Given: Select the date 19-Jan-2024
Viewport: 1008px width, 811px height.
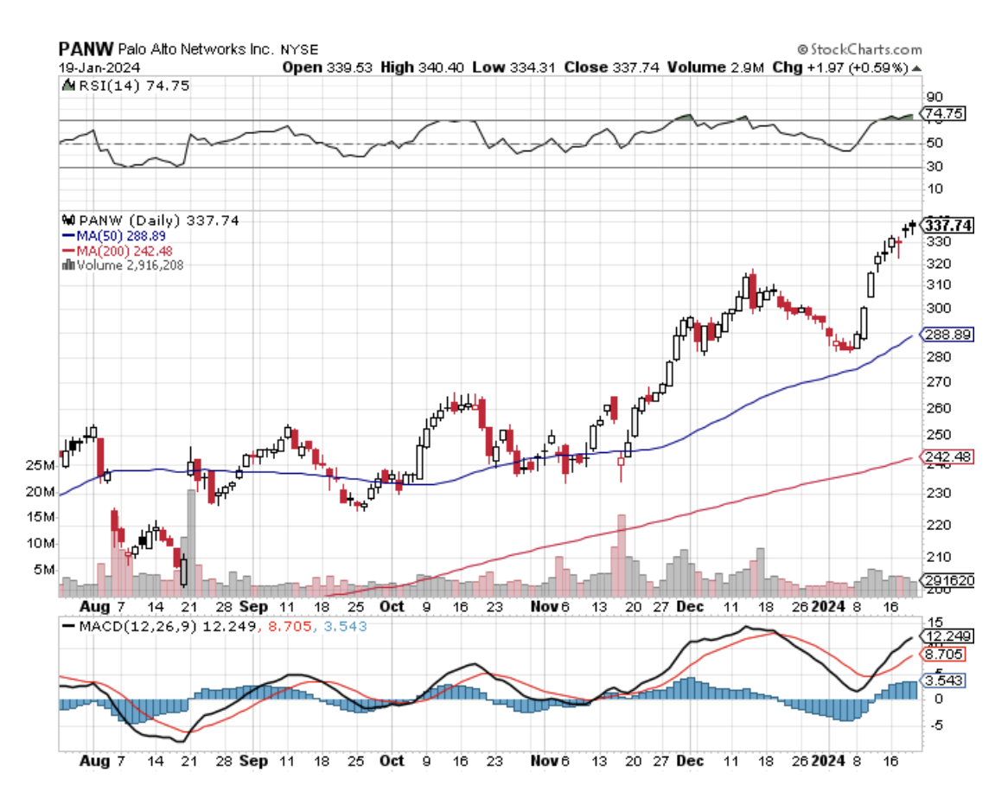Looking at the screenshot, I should (x=93, y=67).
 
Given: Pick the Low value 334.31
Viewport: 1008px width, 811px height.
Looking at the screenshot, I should (x=534, y=67).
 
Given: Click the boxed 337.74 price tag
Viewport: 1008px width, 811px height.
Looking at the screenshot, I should (x=948, y=226).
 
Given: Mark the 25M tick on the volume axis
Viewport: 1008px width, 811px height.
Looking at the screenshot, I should (x=41, y=466).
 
